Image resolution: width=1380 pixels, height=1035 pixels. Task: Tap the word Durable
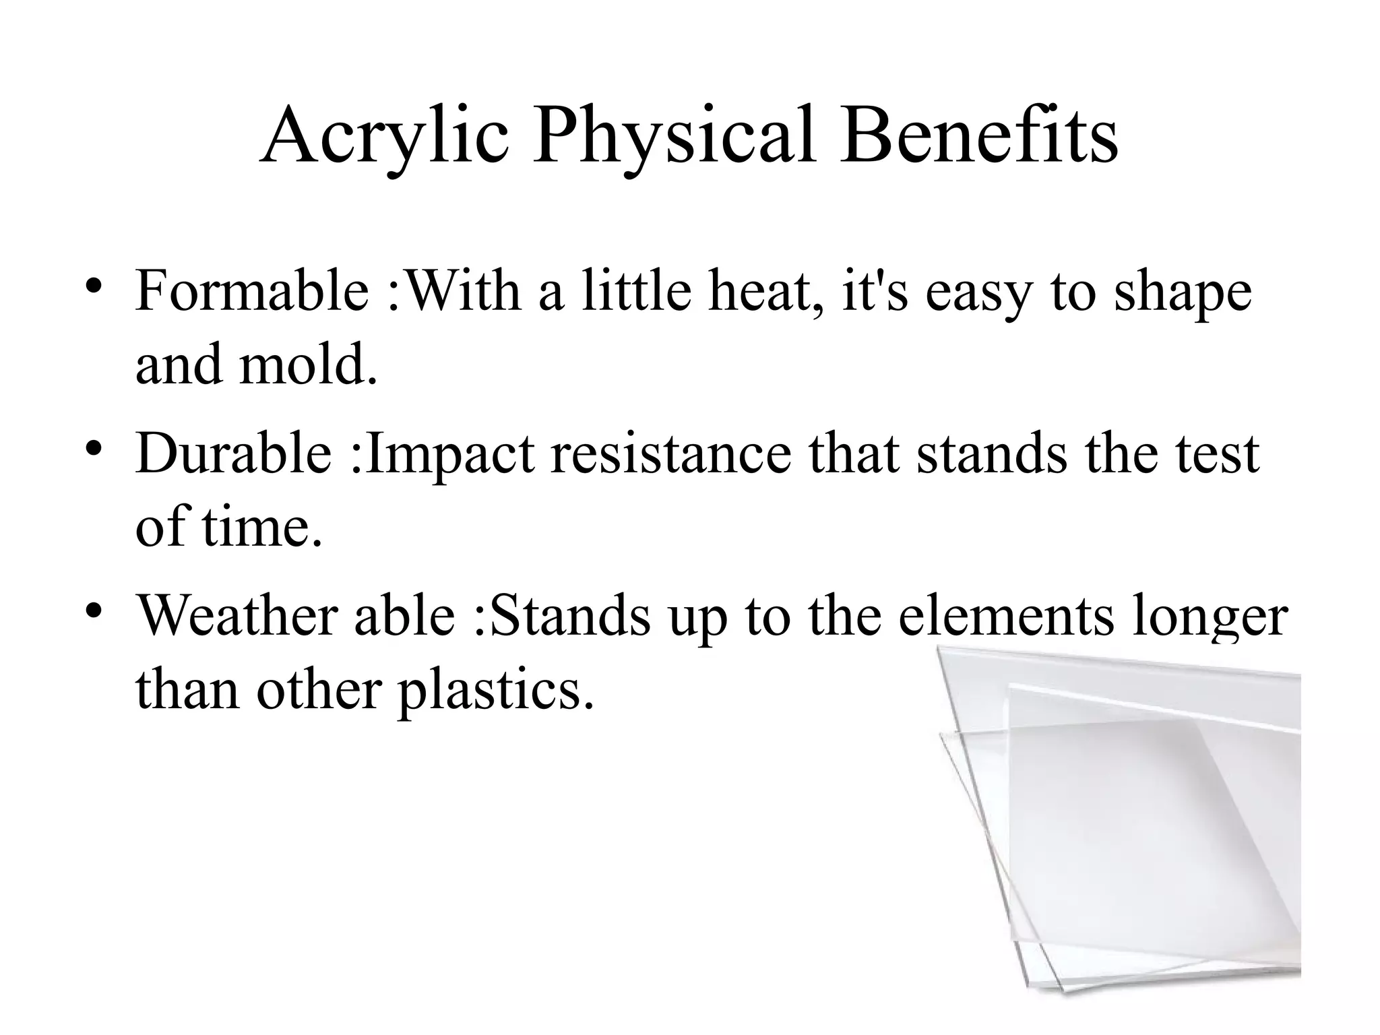(x=233, y=453)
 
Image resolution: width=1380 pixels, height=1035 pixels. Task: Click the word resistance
(x=670, y=453)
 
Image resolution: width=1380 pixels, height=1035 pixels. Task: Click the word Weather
(x=237, y=615)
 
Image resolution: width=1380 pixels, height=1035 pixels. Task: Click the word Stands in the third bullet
(x=570, y=615)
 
